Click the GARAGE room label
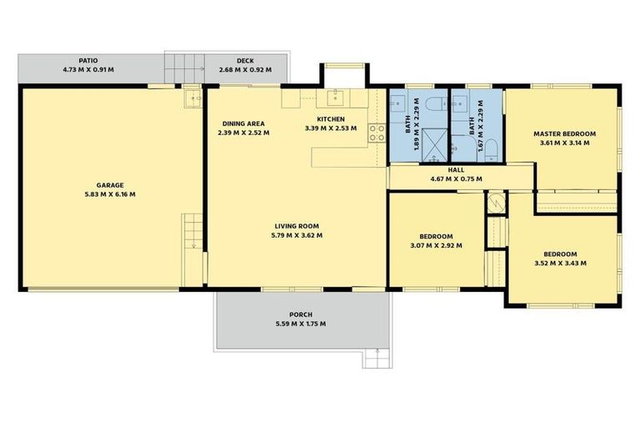[x=110, y=185]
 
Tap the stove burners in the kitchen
[x=377, y=133]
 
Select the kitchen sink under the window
[x=336, y=98]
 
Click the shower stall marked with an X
[x=434, y=145]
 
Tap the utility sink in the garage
[x=192, y=98]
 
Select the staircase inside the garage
[x=192, y=231]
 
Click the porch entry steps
[x=377, y=359]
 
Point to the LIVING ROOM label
[x=297, y=226]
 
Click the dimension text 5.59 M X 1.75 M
[x=301, y=324]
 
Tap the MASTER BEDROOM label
[x=564, y=134]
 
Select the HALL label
[x=456, y=170]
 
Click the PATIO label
[x=88, y=61]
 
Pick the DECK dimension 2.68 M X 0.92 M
[x=245, y=70]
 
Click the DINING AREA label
[x=243, y=123]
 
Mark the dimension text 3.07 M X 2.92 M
[x=437, y=245]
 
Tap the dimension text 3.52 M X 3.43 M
[x=560, y=264]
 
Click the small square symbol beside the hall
[x=497, y=203]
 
